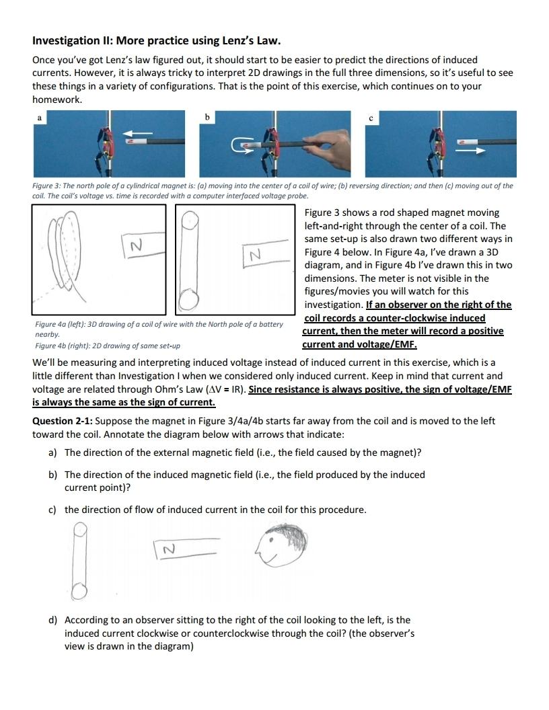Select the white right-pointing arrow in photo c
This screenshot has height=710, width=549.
470,151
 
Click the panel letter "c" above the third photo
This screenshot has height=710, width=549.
371,118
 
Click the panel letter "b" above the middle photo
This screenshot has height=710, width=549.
207,118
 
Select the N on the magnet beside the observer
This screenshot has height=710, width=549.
170,549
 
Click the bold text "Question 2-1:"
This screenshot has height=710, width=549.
63,421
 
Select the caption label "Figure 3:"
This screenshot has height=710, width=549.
47,186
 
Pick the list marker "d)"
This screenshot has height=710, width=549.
53,620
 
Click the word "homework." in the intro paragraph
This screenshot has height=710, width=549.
57,99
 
